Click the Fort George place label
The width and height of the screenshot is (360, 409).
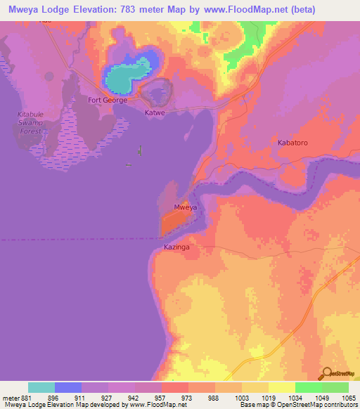tap(108, 100)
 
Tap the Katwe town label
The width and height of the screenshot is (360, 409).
tap(155, 112)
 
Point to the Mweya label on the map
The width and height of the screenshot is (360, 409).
tap(185, 207)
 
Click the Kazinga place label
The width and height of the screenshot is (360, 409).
tap(176, 247)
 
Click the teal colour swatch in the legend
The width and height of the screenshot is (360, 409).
tap(41, 387)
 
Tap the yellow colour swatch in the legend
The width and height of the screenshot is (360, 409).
tap(281, 387)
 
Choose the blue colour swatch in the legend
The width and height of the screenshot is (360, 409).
tap(68, 387)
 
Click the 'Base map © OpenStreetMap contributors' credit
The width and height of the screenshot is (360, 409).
tap(296, 405)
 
